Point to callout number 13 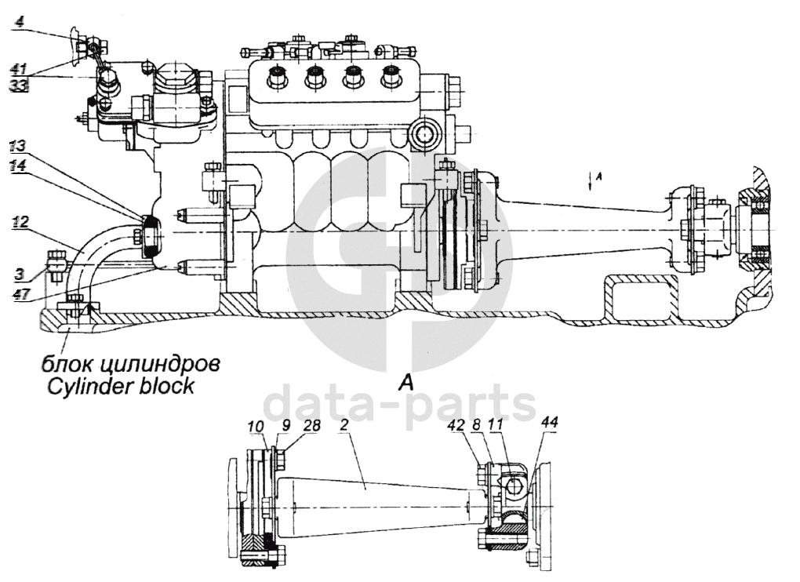[x=18, y=146]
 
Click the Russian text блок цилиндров [x=130, y=364]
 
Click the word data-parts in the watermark [x=399, y=404]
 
